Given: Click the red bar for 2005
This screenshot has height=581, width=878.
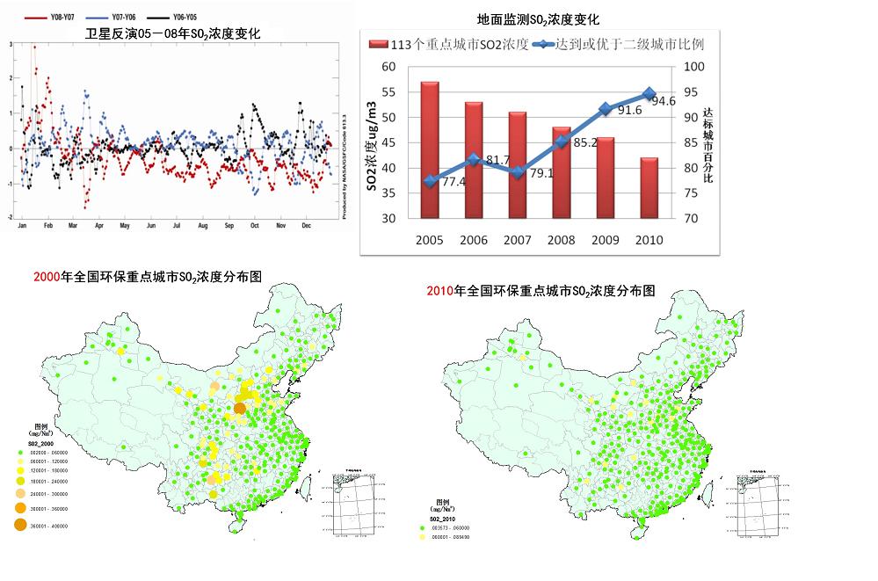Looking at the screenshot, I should [x=430, y=149].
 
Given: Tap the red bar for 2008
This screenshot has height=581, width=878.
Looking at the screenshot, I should [x=562, y=172].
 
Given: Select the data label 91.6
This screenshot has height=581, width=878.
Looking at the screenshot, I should [x=628, y=110].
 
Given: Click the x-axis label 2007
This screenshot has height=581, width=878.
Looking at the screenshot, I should [x=518, y=239].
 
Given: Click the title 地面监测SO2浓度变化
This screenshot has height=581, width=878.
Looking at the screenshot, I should [x=537, y=19].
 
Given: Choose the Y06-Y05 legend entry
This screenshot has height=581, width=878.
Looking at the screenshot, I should [x=183, y=17].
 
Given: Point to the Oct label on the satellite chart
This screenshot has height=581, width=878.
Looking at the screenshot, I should [x=256, y=226].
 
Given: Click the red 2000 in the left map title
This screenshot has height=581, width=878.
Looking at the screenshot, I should [x=46, y=278].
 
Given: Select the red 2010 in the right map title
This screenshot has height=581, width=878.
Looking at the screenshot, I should [x=439, y=291].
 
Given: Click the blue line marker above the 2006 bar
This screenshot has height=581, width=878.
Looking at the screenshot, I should [x=474, y=159].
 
